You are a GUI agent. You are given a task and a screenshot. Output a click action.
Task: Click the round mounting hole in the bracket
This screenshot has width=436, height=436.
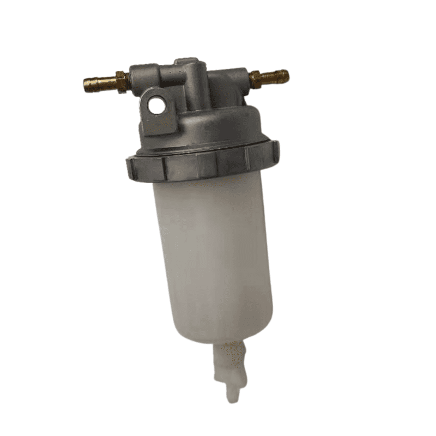pos(157,105)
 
